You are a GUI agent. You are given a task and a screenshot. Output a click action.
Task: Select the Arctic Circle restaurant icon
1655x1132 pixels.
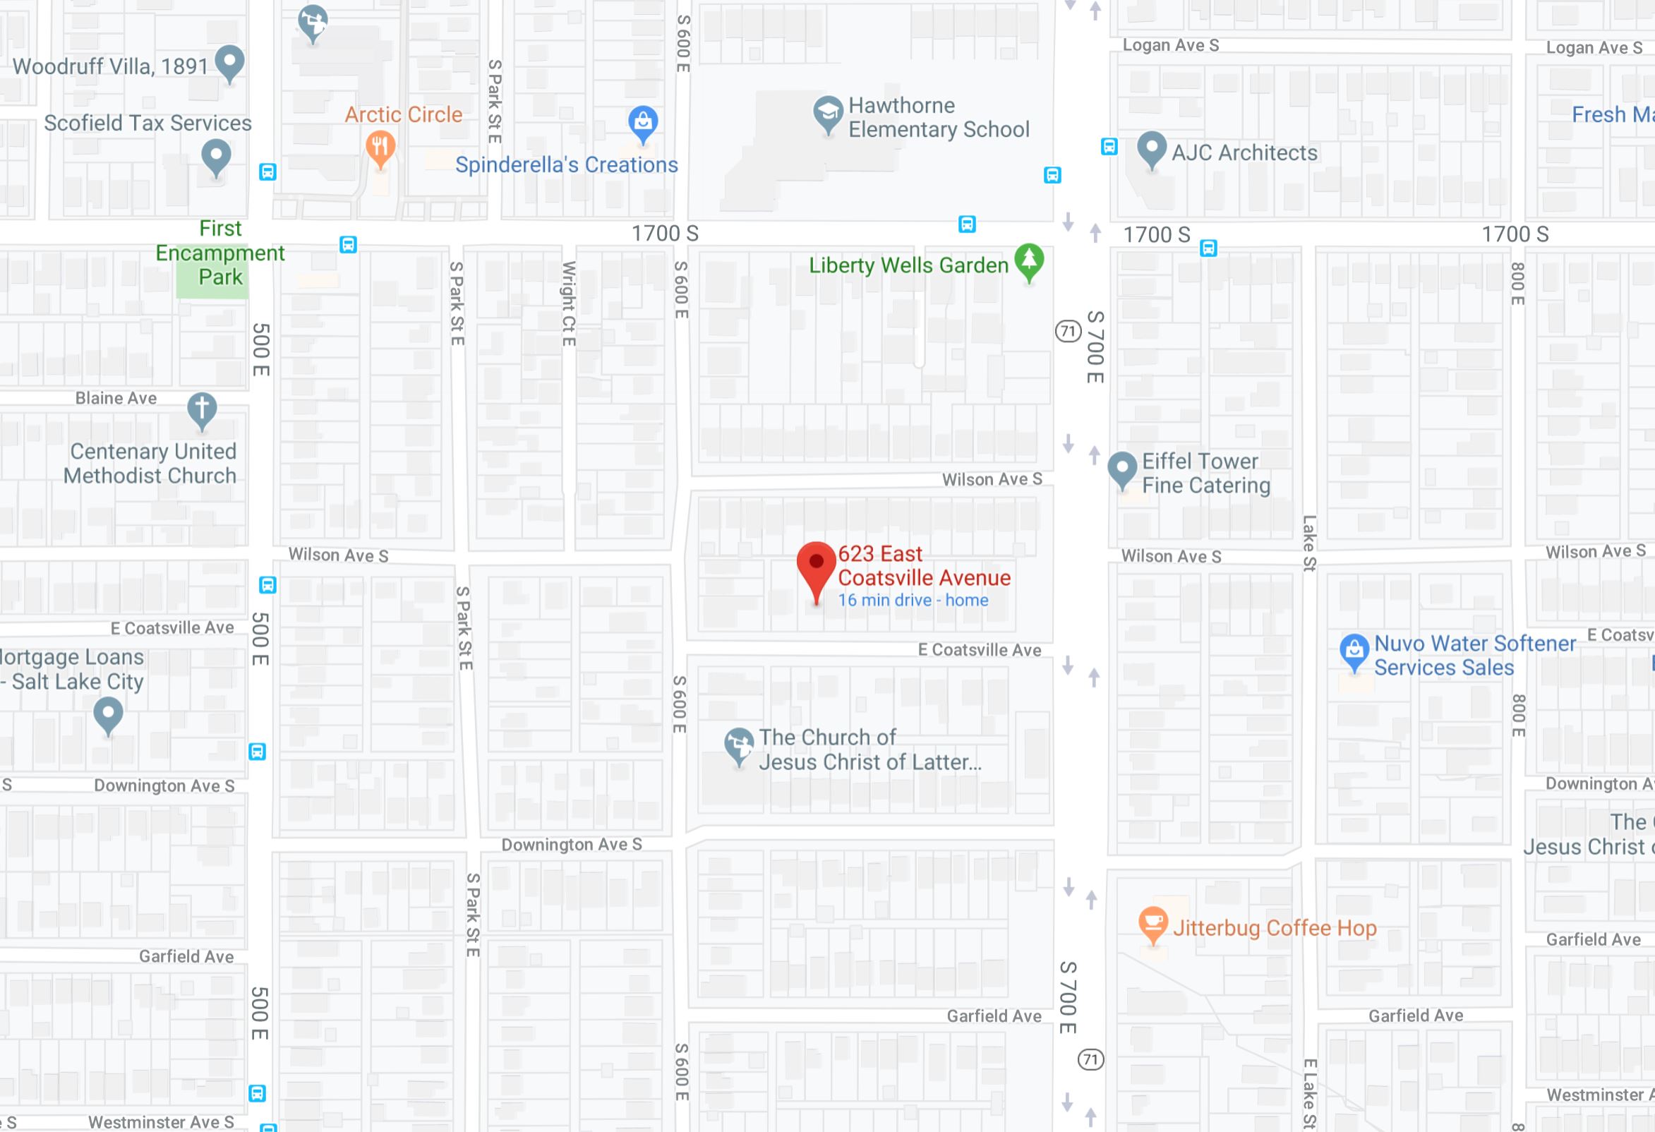point(381,147)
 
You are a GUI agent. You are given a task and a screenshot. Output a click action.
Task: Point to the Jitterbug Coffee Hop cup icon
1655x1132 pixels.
point(1153,923)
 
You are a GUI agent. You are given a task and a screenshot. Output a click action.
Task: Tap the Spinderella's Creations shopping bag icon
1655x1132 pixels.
point(642,123)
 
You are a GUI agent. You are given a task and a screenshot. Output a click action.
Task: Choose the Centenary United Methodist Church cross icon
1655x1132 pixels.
point(202,409)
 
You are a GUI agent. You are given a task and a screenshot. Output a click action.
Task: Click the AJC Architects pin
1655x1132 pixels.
point(1152,148)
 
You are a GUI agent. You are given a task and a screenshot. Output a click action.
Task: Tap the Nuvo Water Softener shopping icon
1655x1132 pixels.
point(1354,650)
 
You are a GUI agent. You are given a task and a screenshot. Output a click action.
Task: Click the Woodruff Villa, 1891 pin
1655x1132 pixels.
point(229,62)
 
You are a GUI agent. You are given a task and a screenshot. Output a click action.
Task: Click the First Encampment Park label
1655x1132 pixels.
point(220,253)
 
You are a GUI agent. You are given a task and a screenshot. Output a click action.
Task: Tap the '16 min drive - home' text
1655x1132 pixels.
point(913,600)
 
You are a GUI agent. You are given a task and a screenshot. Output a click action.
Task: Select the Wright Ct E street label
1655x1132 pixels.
point(568,304)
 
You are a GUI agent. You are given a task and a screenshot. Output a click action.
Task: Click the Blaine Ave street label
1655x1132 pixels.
point(116,398)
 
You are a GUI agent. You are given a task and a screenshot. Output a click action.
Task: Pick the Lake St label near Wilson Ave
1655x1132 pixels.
point(1309,543)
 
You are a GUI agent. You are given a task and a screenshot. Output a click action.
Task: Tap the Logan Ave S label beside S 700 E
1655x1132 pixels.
point(1170,46)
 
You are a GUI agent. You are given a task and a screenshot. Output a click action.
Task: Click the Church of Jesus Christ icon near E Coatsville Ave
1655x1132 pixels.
point(739,744)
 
